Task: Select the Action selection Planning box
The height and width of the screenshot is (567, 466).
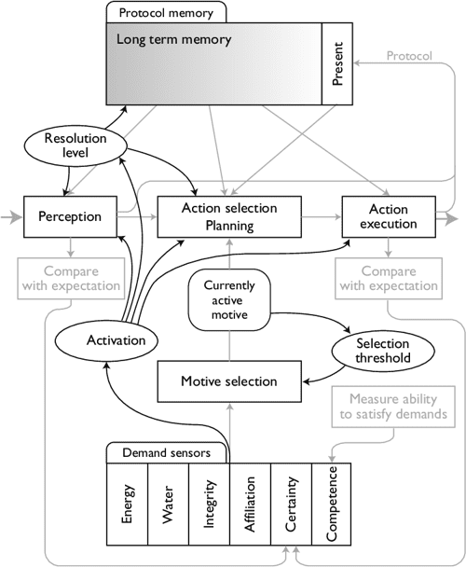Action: click(x=229, y=215)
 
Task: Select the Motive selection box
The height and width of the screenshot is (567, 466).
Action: click(x=228, y=380)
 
